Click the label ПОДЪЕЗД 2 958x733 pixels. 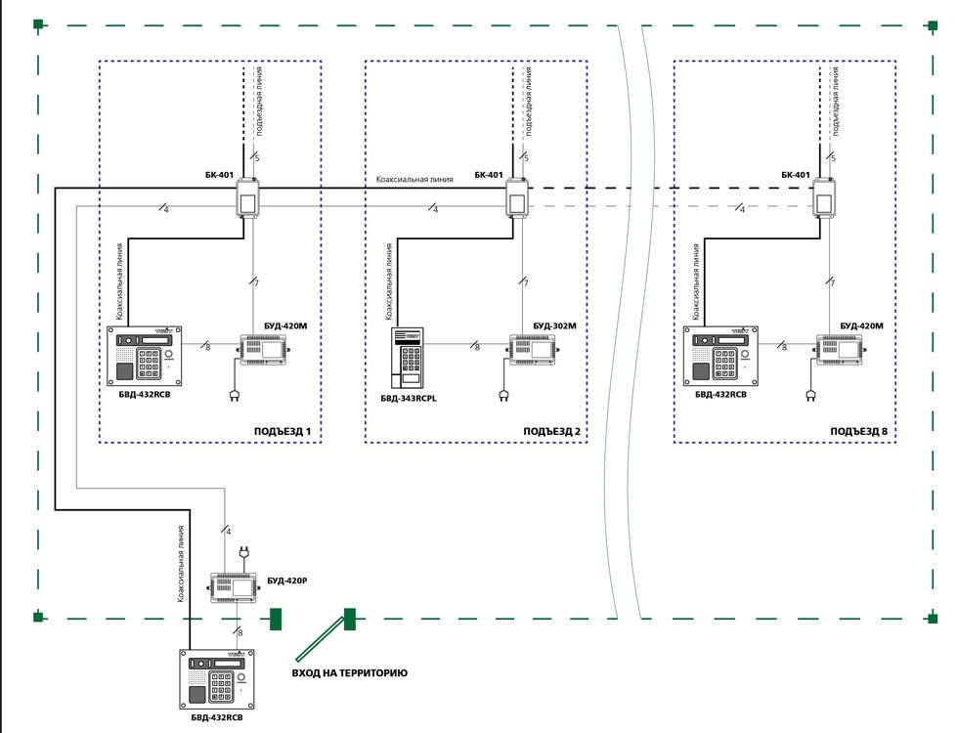(x=551, y=431)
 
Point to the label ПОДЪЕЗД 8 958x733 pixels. (x=858, y=431)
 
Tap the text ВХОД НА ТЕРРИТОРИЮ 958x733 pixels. (x=350, y=673)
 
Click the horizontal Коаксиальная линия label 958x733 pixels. (x=414, y=179)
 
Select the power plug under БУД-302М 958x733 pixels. (x=503, y=395)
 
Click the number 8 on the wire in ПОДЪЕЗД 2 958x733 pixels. (x=476, y=346)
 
